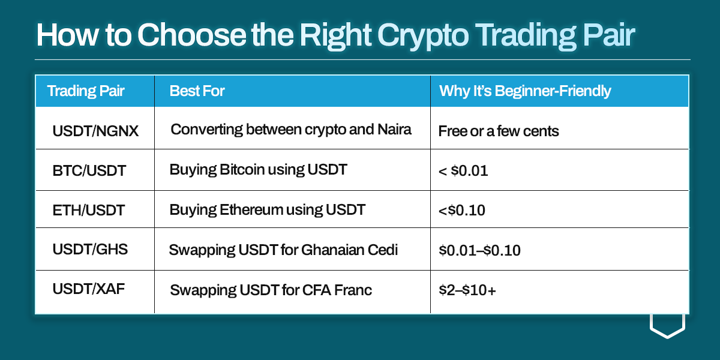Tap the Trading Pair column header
(85, 91)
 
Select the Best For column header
(197, 91)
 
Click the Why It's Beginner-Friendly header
(525, 91)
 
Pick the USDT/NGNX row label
(95, 131)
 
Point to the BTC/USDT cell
(89, 170)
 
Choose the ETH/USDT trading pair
(88, 210)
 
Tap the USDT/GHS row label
(90, 249)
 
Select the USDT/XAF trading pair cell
(88, 289)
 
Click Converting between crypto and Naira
(291, 130)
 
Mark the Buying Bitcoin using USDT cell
(258, 170)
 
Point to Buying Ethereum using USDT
(267, 210)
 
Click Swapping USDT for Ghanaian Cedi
(283, 250)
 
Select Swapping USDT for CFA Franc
(271, 290)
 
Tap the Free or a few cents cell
(499, 131)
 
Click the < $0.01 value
(463, 170)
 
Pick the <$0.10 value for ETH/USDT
(462, 210)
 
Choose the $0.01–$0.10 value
(479, 250)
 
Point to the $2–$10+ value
(467, 290)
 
